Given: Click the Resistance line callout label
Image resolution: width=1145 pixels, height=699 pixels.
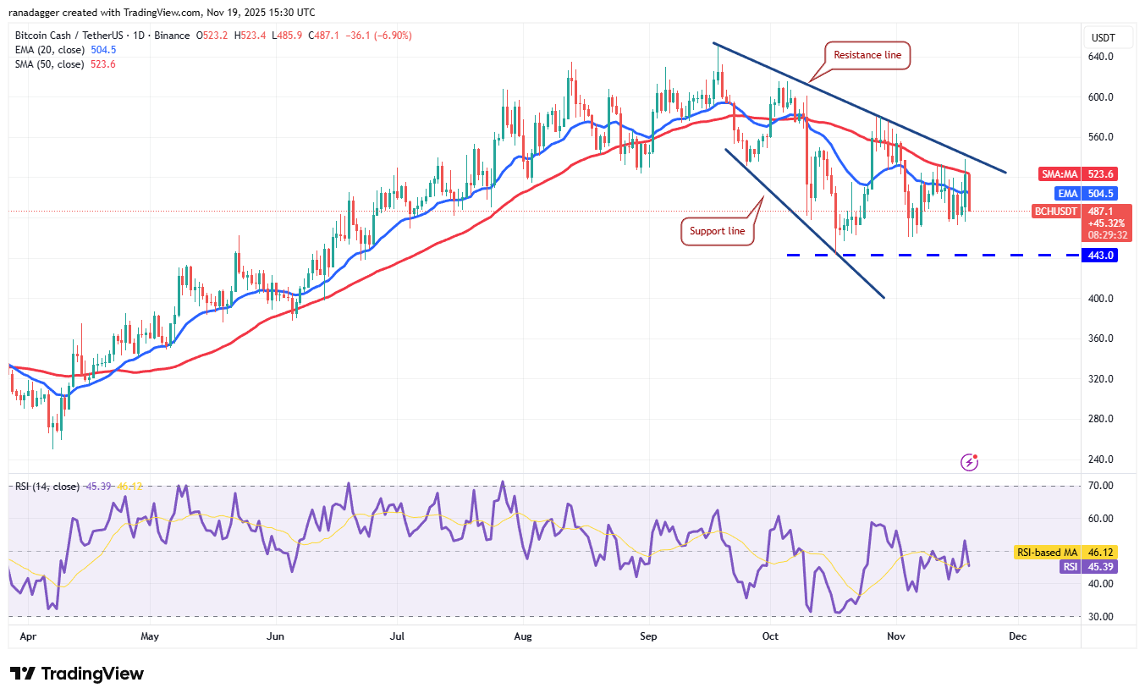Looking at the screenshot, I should coord(868,55).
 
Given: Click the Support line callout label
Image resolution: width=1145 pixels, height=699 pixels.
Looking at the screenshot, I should coord(718,231).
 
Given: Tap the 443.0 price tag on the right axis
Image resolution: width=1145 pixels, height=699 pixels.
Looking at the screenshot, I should coord(1100,255).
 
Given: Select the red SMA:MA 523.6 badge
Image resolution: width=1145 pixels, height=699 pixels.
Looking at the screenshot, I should coord(1078,174).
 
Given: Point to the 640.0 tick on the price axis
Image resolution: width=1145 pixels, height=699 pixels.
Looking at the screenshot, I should coord(1100,57).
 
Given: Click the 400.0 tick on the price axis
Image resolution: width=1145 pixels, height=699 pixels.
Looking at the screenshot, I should coord(1100,299).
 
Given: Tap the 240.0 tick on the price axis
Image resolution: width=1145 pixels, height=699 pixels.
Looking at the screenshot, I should coord(1100,460).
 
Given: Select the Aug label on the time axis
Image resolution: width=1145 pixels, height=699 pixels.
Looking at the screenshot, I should coord(524,636).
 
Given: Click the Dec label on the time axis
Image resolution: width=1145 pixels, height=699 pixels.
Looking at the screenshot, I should coord(1017,636).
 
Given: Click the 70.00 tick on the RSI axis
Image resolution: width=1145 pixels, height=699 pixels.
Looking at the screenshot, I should coord(1100,486).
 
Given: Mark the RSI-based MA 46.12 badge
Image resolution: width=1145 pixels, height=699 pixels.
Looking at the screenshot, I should coord(1065,552).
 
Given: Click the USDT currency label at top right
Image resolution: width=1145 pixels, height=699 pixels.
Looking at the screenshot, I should coord(1103,38).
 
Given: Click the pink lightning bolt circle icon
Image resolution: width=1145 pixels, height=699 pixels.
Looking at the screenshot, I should coord(970,462).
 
